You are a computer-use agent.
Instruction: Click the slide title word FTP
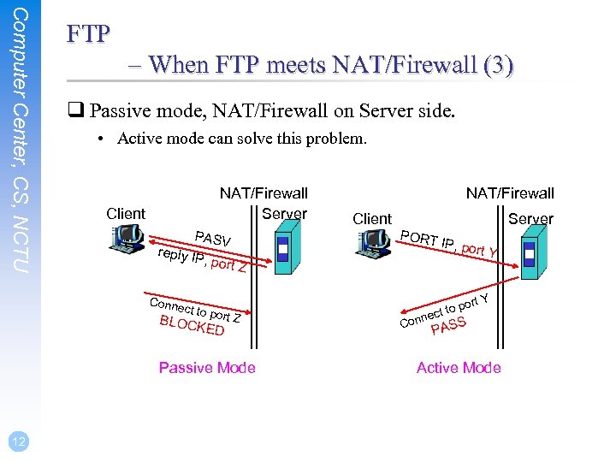88,33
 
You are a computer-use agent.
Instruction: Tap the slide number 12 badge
19,441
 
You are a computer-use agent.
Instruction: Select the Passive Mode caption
207,368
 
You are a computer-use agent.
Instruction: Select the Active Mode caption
459,368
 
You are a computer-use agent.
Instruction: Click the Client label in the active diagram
372,219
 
